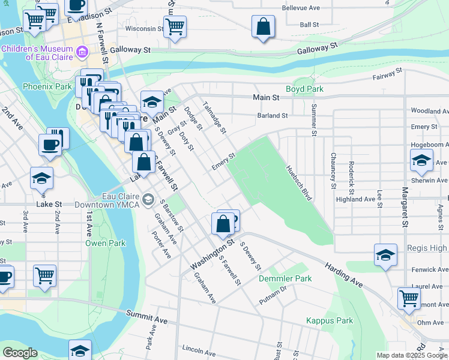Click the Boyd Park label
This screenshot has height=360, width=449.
(x=304, y=89)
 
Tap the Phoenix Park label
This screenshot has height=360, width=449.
(x=47, y=86)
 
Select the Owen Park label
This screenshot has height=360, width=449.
(x=105, y=243)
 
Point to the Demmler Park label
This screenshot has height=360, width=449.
(x=285, y=279)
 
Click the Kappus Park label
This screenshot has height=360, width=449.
(x=330, y=320)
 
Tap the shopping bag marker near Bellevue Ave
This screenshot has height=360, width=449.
(x=263, y=27)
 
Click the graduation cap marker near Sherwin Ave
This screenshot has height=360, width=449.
(x=421, y=160)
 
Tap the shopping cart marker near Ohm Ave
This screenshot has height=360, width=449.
(x=409, y=298)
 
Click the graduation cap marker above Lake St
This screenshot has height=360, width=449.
(x=41, y=178)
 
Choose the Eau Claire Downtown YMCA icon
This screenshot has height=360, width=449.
(x=148, y=199)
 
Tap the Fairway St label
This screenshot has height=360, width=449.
(x=387, y=74)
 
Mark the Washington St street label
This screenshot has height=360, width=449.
(x=211, y=256)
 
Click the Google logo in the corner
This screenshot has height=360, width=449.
(x=20, y=353)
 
